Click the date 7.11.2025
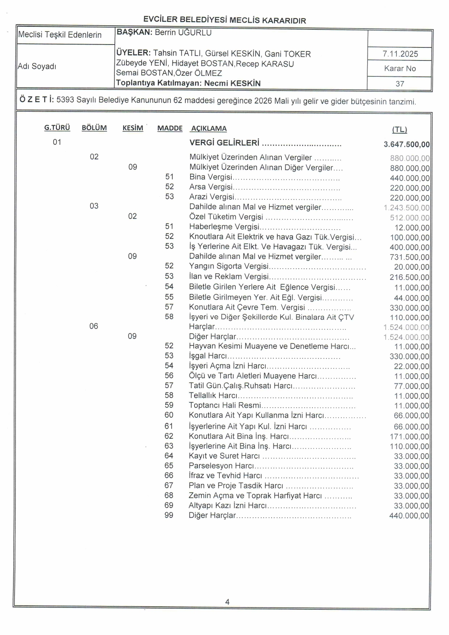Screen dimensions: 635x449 tap(400, 54)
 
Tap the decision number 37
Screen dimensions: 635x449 tap(400, 84)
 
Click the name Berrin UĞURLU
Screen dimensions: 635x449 tap(183, 33)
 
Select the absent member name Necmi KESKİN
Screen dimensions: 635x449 tap(232, 83)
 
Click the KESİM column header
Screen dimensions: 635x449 tap(133, 128)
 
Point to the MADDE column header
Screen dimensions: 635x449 tap(169, 129)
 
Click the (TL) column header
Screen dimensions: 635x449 tap(399, 130)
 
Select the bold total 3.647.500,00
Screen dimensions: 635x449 tap(406, 144)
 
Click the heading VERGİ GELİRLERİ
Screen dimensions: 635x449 tap(224, 143)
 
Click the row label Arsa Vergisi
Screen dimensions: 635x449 tap(211, 187)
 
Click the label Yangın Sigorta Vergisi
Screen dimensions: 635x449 tap(228, 266)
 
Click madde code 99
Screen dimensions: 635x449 tap(169, 515)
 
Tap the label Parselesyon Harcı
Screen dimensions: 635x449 tap(221, 466)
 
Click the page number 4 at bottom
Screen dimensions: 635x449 tap(227, 602)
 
